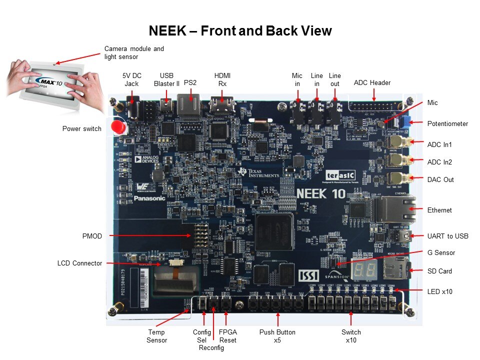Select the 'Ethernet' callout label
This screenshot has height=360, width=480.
439,210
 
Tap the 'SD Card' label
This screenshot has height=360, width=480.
439,271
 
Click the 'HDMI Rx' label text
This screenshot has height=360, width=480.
222,79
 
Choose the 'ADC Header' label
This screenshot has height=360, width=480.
372,82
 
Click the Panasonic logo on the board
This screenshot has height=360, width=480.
149,198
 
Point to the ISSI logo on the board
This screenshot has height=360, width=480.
308,275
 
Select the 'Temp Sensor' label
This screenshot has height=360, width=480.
156,336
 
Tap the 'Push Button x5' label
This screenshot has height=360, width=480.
277,336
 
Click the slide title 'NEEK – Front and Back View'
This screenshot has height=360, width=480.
240,31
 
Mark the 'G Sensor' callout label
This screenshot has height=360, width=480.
441,252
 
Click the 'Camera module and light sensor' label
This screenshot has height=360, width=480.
134,53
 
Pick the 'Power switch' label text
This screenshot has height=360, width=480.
81,128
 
